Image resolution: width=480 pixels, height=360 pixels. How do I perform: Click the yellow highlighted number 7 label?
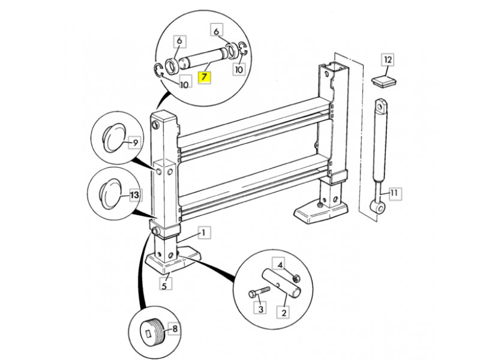tap(205, 77)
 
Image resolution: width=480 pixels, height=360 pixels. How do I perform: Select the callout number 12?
tap(388, 59)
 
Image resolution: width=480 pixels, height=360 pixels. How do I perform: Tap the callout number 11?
tap(394, 193)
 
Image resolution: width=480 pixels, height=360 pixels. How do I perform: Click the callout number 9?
tap(134, 142)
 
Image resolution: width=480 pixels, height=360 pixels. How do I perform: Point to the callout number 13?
tap(134, 195)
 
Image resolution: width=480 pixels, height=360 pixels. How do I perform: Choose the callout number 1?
tap(204, 233)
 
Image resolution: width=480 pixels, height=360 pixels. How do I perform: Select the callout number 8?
tap(174, 329)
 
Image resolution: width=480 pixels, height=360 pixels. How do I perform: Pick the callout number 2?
tap(283, 312)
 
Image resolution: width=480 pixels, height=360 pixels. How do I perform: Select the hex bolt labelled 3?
tap(260, 292)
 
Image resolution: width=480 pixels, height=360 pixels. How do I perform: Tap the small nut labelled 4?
tap(296, 278)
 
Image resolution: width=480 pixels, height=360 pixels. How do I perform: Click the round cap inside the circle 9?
tap(114, 137)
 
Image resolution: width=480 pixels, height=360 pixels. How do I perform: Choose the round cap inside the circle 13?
tap(110, 194)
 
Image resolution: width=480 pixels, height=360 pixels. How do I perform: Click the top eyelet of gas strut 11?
tap(380, 106)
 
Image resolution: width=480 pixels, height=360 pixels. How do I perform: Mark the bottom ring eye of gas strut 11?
tap(378, 206)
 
